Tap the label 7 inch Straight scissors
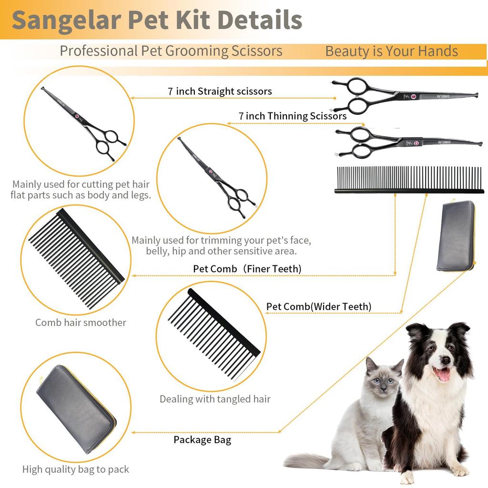click(220, 91)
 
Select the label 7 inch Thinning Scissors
click(293, 116)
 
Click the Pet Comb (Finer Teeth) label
click(247, 269)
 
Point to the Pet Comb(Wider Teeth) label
click(318, 306)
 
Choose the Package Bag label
click(202, 439)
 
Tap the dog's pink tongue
click(444, 375)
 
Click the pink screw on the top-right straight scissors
click(413, 97)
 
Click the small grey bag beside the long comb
click(455, 235)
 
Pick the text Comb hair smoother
click(81, 323)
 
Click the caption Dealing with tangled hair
click(215, 399)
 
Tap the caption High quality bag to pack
click(76, 469)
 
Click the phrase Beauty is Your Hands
click(391, 51)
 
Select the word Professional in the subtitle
click(98, 51)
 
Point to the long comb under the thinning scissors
click(408, 180)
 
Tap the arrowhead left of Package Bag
click(133, 433)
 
